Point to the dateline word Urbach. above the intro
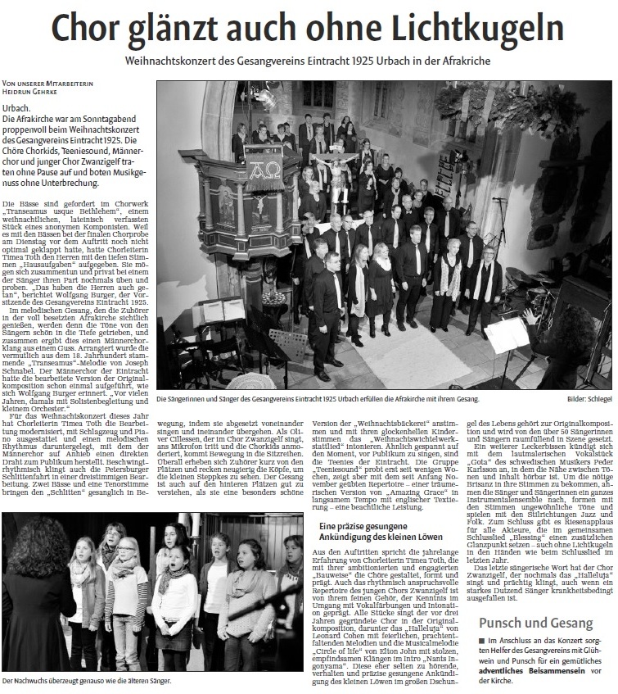tap(17, 108)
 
